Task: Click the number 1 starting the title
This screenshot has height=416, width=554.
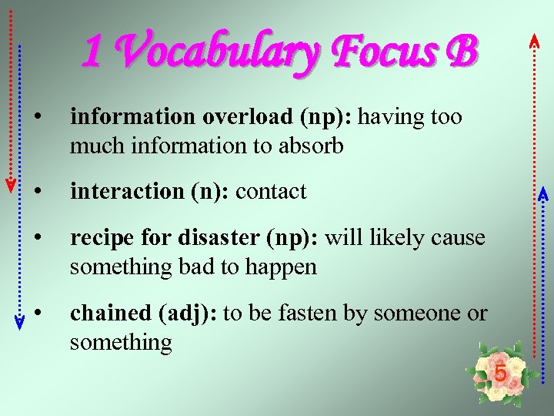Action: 92,52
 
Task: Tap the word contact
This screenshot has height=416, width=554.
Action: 271,191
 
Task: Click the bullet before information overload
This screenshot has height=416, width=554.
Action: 37,117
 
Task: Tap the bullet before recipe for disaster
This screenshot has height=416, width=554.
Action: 37,237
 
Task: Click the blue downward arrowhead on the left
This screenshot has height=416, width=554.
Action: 20,324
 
